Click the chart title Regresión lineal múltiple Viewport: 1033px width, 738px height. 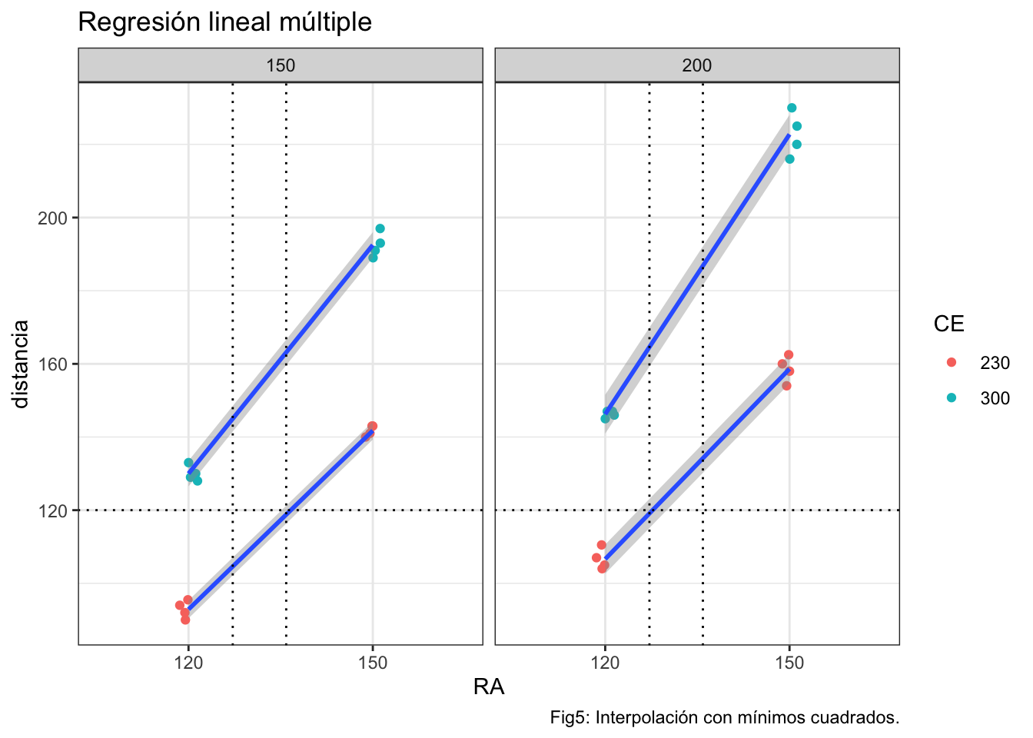(x=224, y=23)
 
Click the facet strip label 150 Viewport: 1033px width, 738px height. (x=281, y=65)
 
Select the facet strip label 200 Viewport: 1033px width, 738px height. (x=697, y=65)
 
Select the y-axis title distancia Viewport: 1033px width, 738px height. (x=21, y=364)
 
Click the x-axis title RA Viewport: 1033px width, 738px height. (x=489, y=687)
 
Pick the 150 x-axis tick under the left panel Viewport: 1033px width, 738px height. (x=373, y=662)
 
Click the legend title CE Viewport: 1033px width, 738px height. (x=948, y=324)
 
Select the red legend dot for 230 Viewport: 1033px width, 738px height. (x=952, y=362)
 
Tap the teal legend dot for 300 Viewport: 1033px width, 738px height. (x=952, y=397)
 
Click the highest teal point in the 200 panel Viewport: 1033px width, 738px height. (x=792, y=108)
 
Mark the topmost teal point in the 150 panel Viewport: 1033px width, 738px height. (x=380, y=228)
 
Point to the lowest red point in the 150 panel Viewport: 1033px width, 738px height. (x=185, y=620)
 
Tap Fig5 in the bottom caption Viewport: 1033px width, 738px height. (x=568, y=718)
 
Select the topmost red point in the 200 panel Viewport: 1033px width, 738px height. (x=789, y=354)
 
